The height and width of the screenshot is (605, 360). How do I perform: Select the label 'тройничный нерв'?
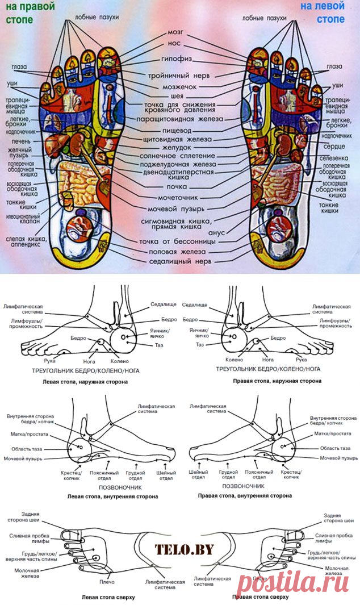179,75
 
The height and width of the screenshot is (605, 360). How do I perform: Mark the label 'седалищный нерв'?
179,261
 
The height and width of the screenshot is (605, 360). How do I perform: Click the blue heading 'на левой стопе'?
323,14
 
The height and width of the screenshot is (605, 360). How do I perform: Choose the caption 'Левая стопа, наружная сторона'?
85,382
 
